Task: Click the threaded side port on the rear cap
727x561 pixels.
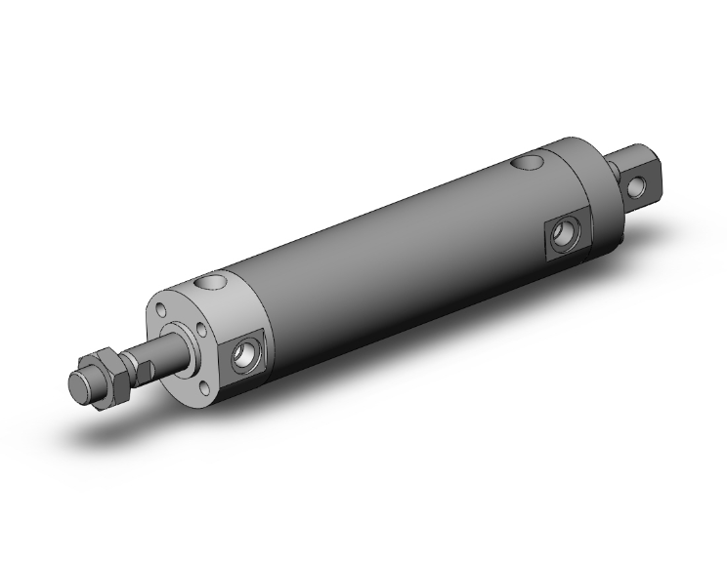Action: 563,232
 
